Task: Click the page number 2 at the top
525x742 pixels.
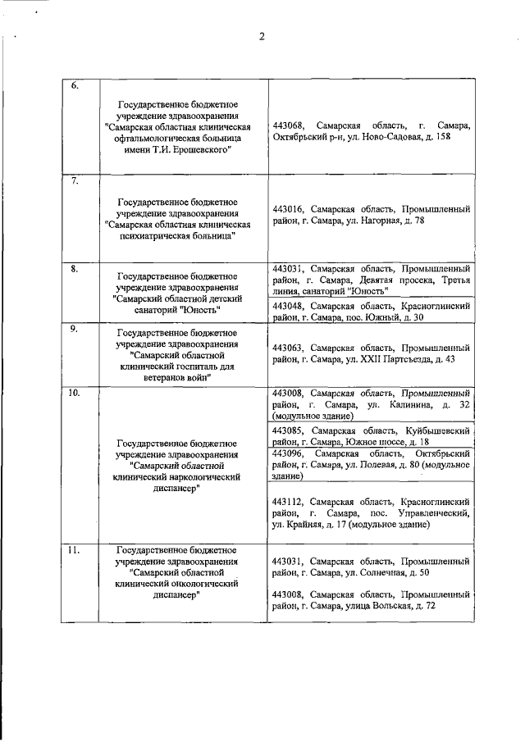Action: click(262, 36)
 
